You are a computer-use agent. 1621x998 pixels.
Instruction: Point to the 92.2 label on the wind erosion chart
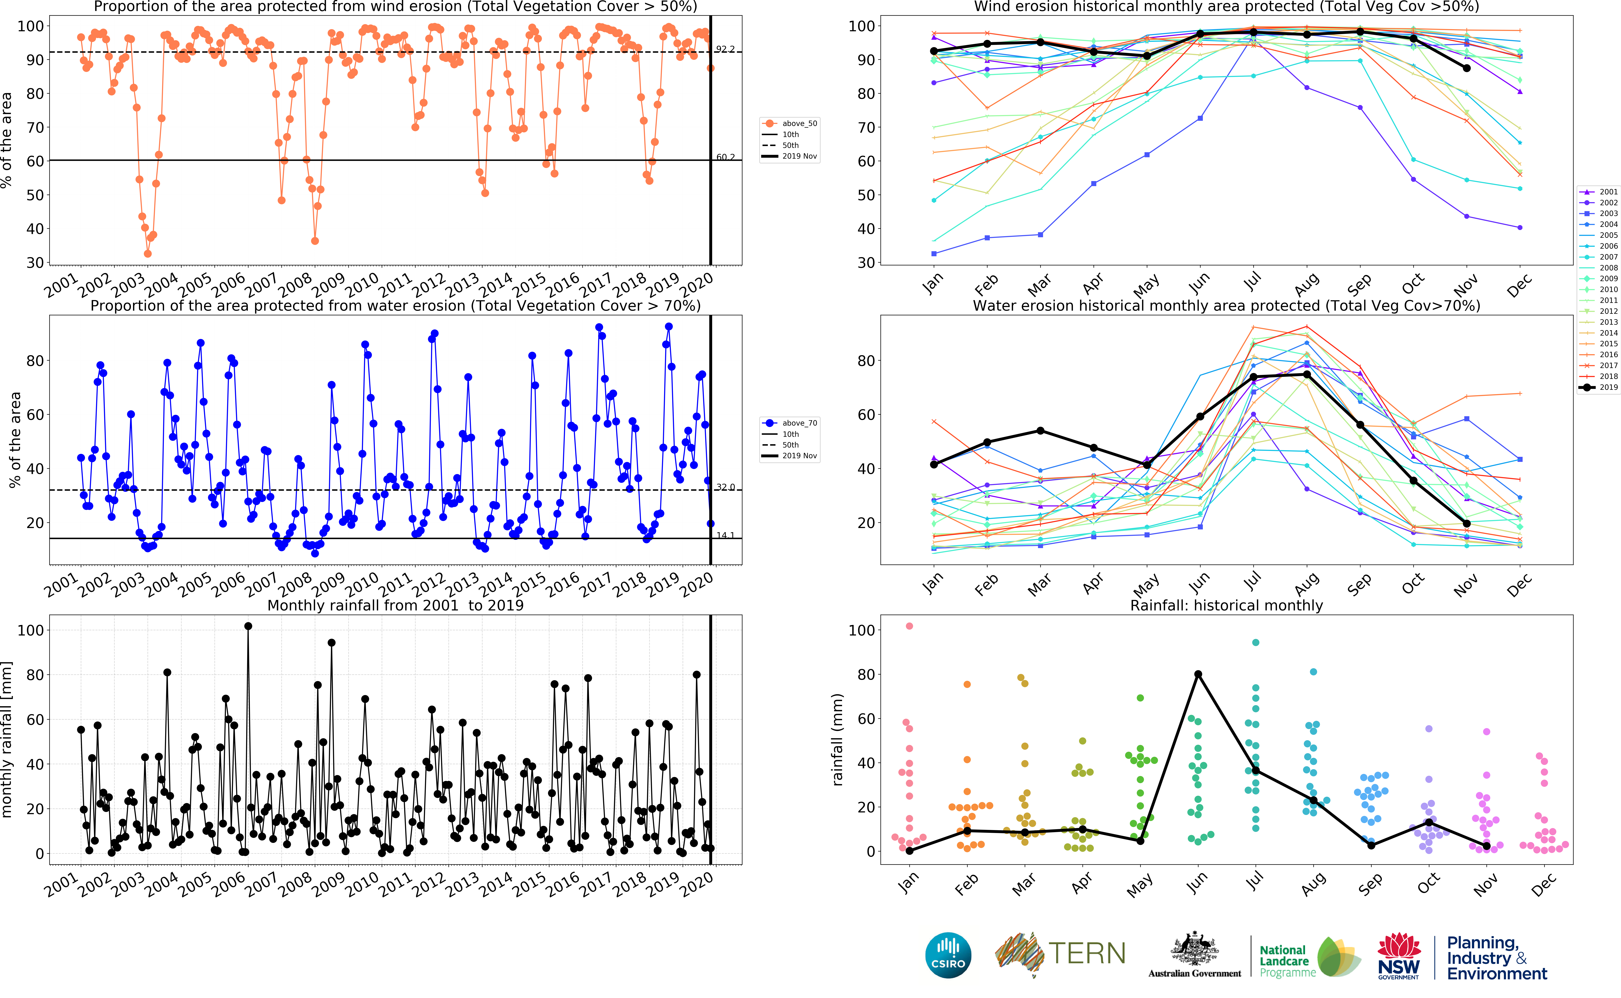click(725, 50)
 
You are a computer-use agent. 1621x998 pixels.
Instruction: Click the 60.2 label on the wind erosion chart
click(725, 157)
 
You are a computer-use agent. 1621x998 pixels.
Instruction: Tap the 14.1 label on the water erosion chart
click(725, 535)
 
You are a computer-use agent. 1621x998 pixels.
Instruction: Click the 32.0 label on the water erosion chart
click(725, 487)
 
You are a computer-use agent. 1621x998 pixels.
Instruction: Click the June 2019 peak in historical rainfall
click(1198, 674)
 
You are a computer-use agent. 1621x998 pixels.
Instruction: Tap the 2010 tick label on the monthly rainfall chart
click(362, 884)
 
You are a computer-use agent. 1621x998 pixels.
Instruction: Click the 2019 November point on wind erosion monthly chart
click(1466, 68)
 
